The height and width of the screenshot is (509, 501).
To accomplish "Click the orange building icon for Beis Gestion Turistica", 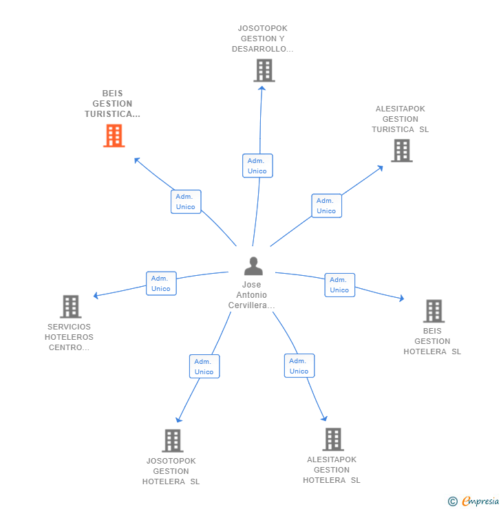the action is (114, 136).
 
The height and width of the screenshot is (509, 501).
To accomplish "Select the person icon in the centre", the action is (253, 266).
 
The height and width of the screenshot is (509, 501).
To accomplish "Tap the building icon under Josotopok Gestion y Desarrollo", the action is (264, 70).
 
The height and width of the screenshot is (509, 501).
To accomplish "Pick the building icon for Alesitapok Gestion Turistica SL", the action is (402, 151).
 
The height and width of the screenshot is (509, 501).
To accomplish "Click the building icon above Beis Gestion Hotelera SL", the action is (434, 311).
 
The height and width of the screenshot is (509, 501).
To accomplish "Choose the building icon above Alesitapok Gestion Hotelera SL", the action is (333, 440).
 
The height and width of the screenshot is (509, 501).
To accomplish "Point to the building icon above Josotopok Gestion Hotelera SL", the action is (173, 441).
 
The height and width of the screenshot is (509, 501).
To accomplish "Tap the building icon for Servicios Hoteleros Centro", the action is (70, 307).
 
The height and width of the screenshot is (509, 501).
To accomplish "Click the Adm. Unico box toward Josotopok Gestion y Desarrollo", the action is (257, 166).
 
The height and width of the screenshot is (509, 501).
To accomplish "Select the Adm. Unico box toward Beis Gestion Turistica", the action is (186, 202).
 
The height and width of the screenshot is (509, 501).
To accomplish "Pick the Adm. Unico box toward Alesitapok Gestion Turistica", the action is (327, 206).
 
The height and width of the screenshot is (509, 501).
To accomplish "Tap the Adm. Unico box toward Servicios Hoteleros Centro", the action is (161, 283).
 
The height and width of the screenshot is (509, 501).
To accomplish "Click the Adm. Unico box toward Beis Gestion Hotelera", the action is (340, 285).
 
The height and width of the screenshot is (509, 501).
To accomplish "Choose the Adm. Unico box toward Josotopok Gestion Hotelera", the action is (204, 366).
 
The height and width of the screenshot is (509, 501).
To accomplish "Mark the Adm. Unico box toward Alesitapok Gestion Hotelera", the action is (299, 365).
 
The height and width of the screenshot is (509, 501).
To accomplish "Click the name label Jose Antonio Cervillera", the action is (252, 295).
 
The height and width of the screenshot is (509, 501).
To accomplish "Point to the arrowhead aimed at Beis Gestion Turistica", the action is (137, 160).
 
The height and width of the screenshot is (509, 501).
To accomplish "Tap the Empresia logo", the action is (480, 501).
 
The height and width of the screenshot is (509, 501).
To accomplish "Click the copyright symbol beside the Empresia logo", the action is (453, 501).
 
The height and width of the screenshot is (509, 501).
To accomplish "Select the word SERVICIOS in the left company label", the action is (69, 327).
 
